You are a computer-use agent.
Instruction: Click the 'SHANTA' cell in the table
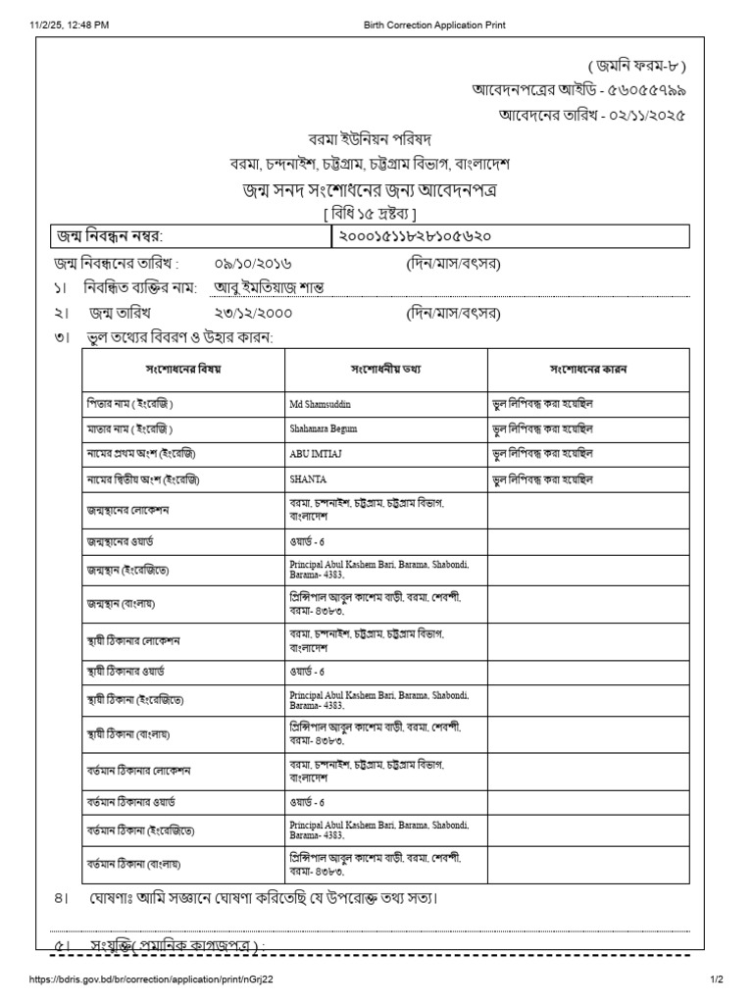[308, 479]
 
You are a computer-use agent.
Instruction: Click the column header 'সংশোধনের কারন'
[588, 370]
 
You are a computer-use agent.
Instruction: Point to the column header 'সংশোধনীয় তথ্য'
[385, 370]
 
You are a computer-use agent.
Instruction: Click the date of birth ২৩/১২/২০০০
[253, 314]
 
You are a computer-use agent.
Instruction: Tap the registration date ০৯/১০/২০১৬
[253, 264]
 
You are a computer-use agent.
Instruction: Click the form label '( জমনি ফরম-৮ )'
[637, 67]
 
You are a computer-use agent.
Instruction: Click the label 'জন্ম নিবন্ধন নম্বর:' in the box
[111, 236]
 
